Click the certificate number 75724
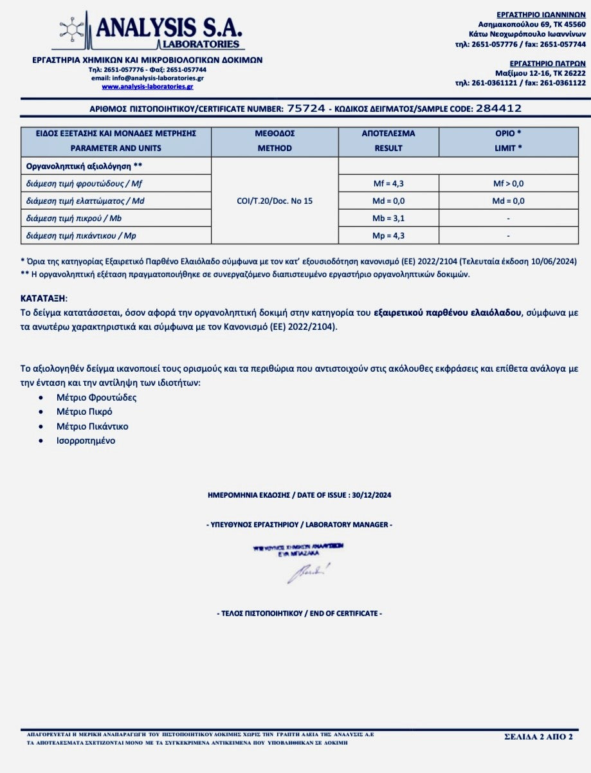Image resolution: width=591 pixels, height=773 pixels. pyautogui.click(x=306, y=109)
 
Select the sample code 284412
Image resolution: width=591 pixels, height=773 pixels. pyautogui.click(x=498, y=109)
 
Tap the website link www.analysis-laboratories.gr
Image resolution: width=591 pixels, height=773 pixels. pyautogui.click(x=147, y=86)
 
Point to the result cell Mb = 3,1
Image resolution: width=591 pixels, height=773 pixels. pyautogui.click(x=388, y=218)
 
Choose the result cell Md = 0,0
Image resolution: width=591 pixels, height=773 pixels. pyautogui.click(x=388, y=201)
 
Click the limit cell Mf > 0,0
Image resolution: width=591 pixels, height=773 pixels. pyautogui.click(x=508, y=183)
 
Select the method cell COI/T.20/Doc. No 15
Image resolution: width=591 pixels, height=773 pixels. pyautogui.click(x=275, y=201)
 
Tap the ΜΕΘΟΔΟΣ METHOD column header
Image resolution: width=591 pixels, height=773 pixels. pyautogui.click(x=275, y=141)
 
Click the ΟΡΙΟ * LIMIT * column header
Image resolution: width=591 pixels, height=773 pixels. pyautogui.click(x=508, y=141)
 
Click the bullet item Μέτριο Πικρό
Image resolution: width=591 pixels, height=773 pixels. pyautogui.click(x=84, y=412)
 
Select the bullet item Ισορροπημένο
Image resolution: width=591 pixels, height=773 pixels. pyautogui.click(x=86, y=441)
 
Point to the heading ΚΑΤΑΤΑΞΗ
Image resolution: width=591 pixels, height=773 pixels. pyautogui.click(x=43, y=299)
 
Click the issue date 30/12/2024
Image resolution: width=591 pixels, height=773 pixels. pyautogui.click(x=374, y=495)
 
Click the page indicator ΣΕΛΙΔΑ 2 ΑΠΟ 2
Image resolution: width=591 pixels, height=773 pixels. pyautogui.click(x=538, y=736)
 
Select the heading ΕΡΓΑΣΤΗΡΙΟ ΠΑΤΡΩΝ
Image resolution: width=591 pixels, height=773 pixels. pyautogui.click(x=547, y=64)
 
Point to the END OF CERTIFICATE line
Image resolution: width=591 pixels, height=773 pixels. pyautogui.click(x=299, y=614)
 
